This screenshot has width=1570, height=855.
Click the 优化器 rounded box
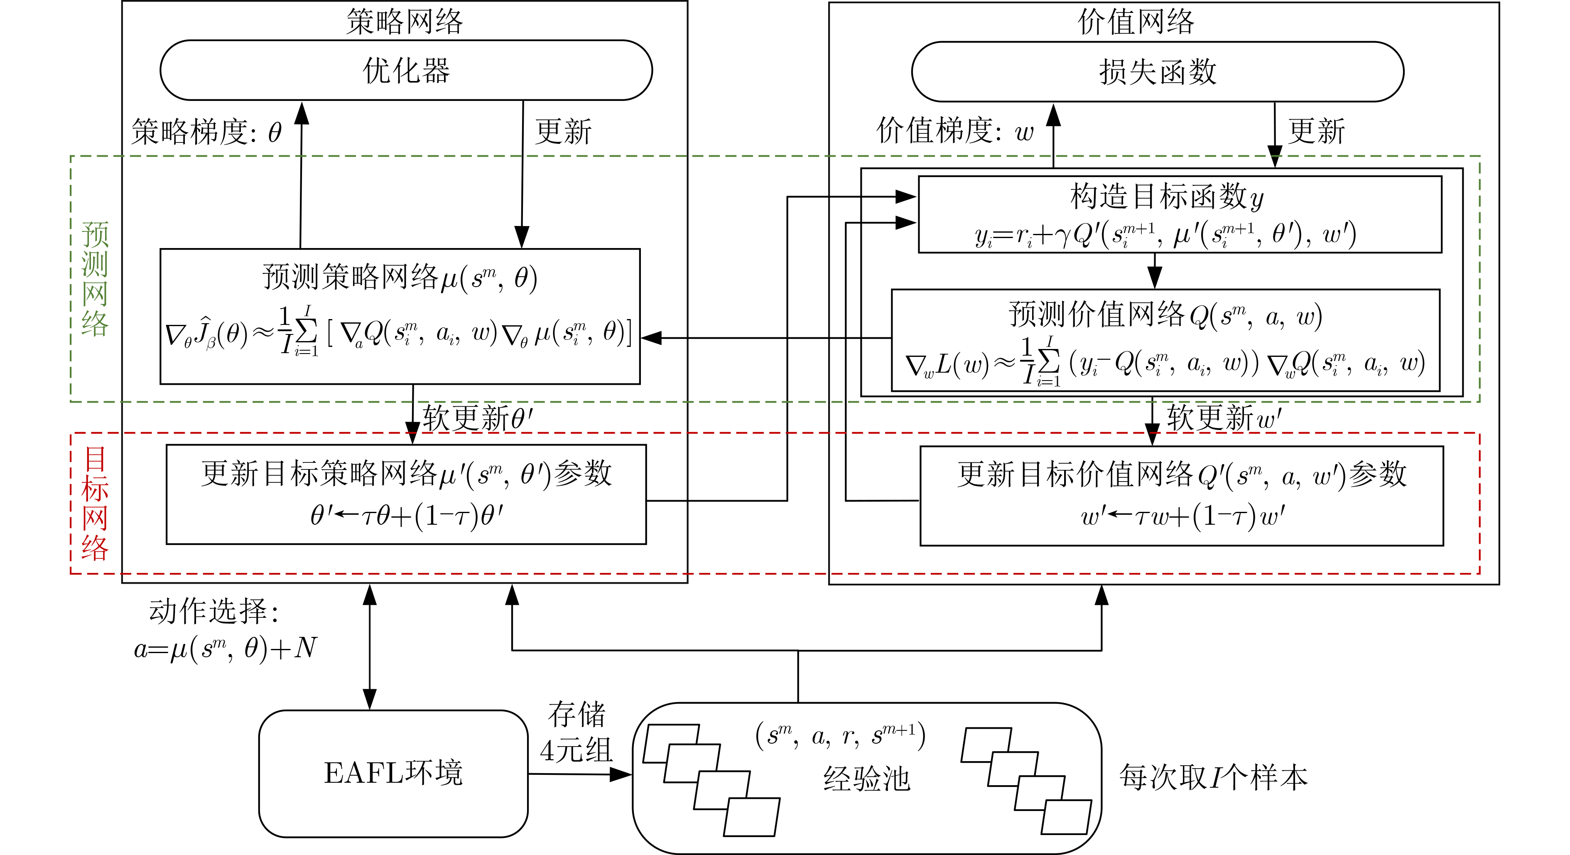click(x=406, y=70)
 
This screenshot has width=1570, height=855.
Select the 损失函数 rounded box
click(x=1158, y=72)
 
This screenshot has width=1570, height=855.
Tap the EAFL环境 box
click(x=393, y=773)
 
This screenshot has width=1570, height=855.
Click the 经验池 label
click(x=867, y=779)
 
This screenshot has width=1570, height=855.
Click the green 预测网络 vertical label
click(x=95, y=279)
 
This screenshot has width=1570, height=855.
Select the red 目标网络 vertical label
click(x=95, y=503)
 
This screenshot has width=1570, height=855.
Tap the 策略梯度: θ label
click(x=206, y=132)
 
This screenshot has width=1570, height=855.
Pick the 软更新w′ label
click(x=1224, y=418)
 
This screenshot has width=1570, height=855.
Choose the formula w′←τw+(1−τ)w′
click(x=1182, y=516)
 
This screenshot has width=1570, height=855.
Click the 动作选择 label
click(x=213, y=611)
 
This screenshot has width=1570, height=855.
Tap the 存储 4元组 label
click(x=576, y=732)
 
